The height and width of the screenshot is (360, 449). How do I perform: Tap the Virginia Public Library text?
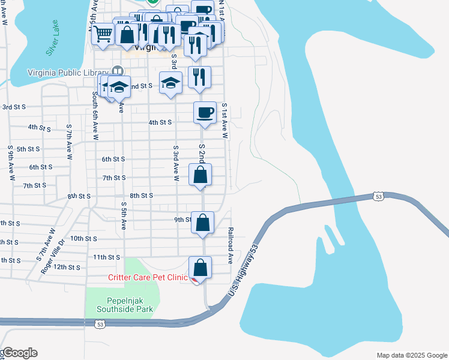click(x=67, y=73)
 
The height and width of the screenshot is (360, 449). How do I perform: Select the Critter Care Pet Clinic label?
click(x=148, y=277)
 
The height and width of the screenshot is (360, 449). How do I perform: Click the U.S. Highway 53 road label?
click(x=243, y=271)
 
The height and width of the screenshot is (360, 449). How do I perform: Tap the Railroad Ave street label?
click(x=230, y=245)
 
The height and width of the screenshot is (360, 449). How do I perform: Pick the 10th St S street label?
click(x=83, y=238)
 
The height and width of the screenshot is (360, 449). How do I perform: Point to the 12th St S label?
click(x=67, y=267)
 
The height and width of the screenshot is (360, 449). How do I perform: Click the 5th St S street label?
click(x=28, y=149)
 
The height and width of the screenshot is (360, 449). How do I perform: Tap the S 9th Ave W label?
click(x=11, y=163)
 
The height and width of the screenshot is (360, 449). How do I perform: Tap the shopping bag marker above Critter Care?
click(x=200, y=267)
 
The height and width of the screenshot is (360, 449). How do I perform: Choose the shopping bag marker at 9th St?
click(x=203, y=222)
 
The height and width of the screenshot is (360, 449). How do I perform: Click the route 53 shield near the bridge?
click(x=378, y=196)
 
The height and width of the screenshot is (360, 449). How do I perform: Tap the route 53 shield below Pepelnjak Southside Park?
click(x=100, y=324)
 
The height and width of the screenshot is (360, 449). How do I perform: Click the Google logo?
click(x=19, y=352)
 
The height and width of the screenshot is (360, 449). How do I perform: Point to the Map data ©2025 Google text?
click(x=412, y=355)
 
